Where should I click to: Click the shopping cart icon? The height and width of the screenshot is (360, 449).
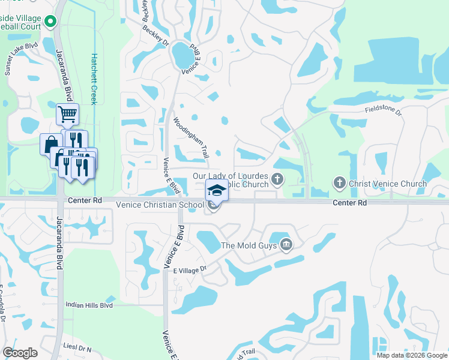(67, 113)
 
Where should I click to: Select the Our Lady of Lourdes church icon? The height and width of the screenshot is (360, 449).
(277, 178)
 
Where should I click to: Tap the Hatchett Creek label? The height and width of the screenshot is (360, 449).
(94, 79)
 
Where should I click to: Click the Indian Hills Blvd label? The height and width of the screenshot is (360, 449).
(89, 305)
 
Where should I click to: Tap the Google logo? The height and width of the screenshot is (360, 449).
(20, 353)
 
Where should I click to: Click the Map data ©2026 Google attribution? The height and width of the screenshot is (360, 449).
(412, 355)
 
